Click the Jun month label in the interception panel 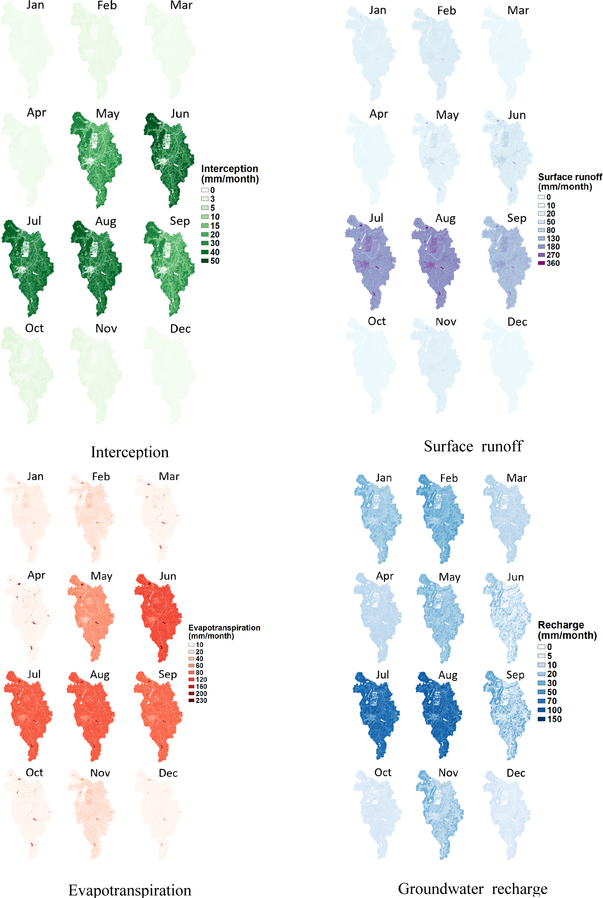180,114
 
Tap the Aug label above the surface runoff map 445,219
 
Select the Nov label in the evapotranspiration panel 100,773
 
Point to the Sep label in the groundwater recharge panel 515,675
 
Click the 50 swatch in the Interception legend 205,261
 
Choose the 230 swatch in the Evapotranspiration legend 191,700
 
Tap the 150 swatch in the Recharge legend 542,719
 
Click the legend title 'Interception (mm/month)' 230,174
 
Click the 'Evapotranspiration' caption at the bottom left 130,890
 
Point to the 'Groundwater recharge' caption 473,888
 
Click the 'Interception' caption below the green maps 130,452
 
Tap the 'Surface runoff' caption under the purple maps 473,446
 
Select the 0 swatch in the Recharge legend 542,647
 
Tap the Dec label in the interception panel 180,329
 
